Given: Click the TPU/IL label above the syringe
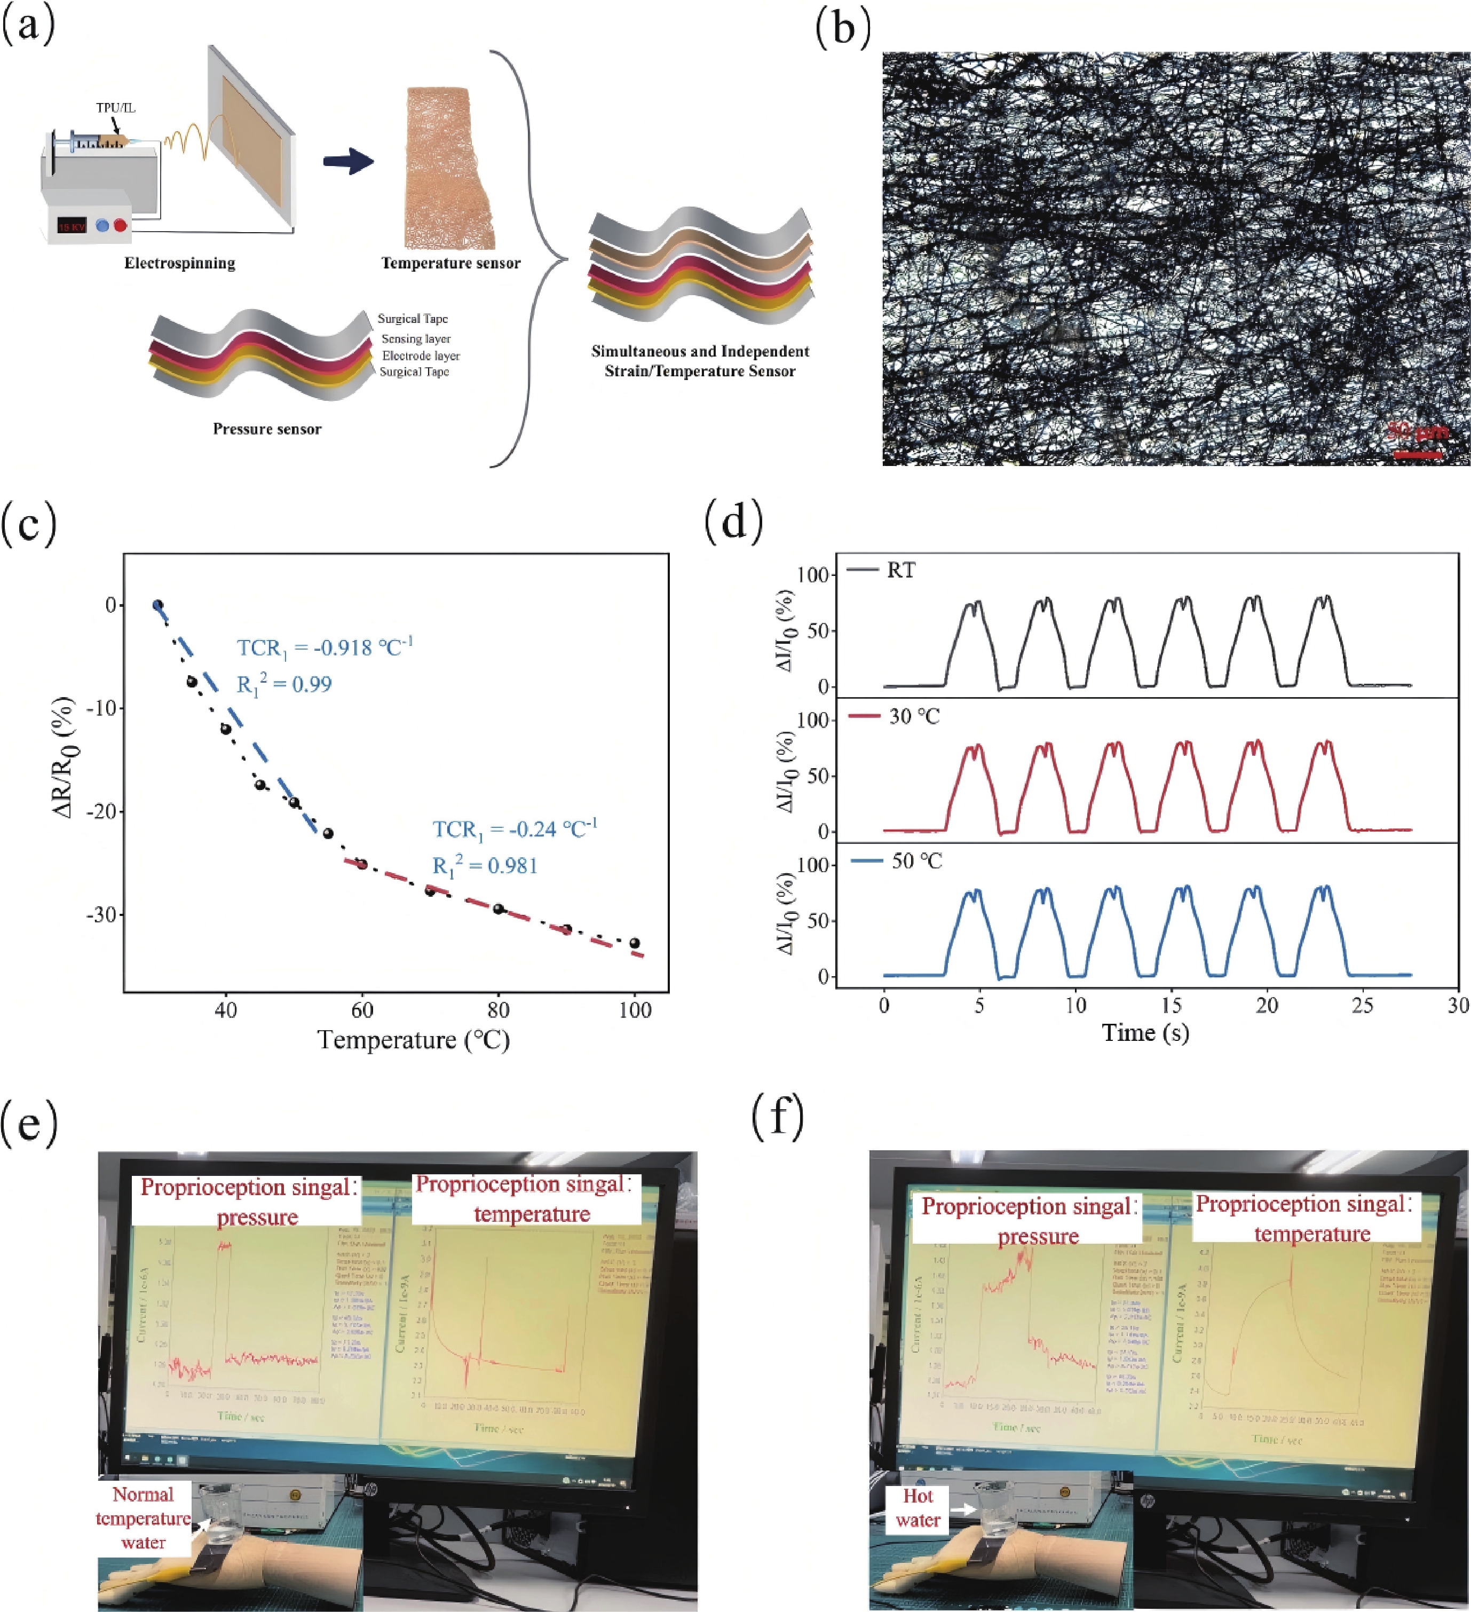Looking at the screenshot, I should point(116,108).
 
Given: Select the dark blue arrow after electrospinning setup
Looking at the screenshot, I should point(349,162).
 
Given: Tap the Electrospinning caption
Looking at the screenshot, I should point(180,263).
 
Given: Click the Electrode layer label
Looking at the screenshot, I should point(421,356).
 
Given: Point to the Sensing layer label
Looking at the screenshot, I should point(416,339).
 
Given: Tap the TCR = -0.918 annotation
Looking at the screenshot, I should point(325,647).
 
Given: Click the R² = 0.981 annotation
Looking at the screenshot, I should point(485,866).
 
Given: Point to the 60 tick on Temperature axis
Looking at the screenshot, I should point(362,1010).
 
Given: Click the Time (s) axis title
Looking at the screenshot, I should point(1145,1032).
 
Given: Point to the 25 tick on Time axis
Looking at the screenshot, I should point(1362,1005).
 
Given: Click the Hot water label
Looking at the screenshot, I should point(918,1507).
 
